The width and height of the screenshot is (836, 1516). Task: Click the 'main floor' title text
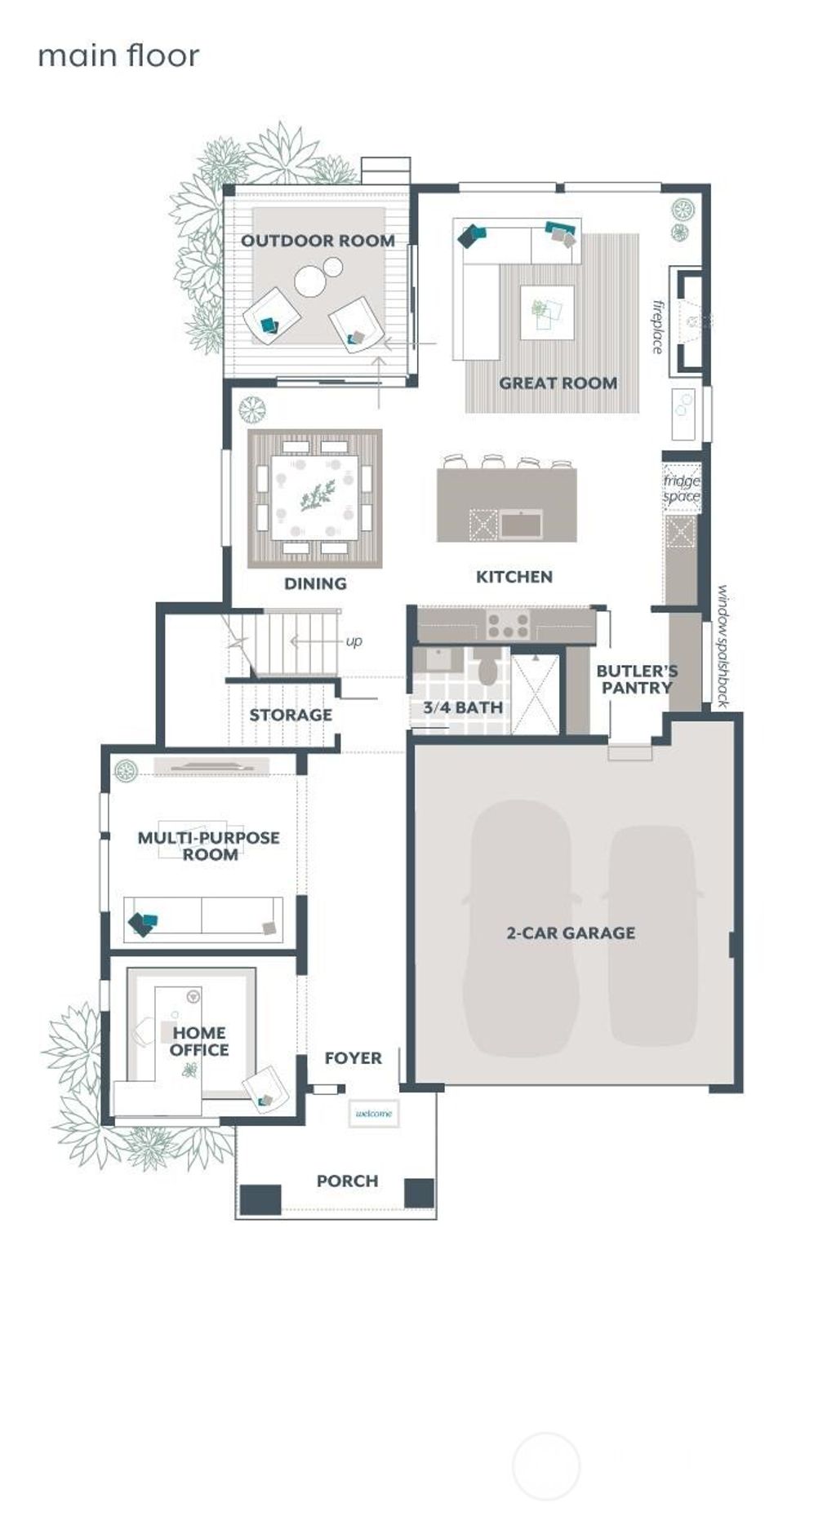[x=118, y=55]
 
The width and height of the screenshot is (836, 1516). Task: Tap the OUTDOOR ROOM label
[x=318, y=241]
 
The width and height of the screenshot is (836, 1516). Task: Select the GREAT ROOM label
[x=558, y=383]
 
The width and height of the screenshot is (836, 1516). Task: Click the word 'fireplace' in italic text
[x=658, y=327]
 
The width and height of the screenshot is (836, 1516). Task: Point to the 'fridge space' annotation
[x=682, y=488]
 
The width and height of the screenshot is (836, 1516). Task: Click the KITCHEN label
[x=514, y=577]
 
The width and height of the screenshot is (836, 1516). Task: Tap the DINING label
[x=315, y=583]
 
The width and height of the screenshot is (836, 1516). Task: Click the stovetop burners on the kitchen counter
[x=507, y=626]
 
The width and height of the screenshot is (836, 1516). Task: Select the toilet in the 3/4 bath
[x=488, y=669]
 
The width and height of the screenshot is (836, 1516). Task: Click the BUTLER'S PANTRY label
[x=637, y=679]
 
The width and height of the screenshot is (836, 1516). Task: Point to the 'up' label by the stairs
[x=354, y=641]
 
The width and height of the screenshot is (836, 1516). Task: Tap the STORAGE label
[x=291, y=715]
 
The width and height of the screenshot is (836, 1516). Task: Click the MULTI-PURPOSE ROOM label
[x=209, y=846]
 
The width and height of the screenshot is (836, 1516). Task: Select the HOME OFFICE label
[x=199, y=1041]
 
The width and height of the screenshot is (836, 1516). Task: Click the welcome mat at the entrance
[x=374, y=1114]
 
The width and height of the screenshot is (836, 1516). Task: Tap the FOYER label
[x=353, y=1058]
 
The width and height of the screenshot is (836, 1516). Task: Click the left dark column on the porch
[x=260, y=1198]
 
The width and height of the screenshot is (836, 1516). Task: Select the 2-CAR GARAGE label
[x=571, y=933]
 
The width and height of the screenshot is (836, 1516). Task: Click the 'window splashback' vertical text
[x=723, y=645]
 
